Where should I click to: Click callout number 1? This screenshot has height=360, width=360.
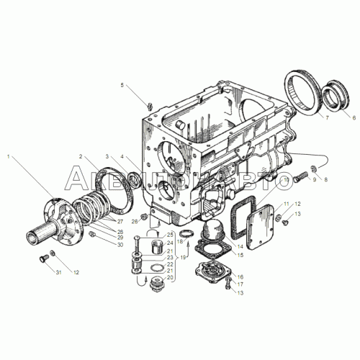point(8,156)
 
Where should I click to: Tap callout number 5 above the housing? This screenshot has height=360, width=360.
point(122,86)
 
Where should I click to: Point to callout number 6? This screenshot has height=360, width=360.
point(353,116)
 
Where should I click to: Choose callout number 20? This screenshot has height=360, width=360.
point(170,277)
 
